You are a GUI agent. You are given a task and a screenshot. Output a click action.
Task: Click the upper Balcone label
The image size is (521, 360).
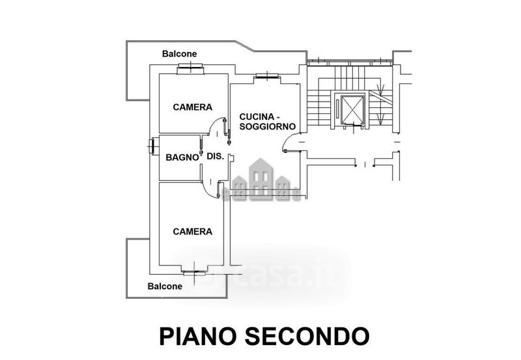179,54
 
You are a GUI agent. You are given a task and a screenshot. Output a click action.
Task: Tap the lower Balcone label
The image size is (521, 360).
165,286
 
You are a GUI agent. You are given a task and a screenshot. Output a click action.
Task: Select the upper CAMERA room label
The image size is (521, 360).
192,107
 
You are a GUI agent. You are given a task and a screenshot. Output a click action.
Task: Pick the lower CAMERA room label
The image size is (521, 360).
192,231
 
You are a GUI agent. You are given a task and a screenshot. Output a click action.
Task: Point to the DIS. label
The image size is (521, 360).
215,156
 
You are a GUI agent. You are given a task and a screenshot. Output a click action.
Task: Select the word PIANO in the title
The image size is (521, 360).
198,336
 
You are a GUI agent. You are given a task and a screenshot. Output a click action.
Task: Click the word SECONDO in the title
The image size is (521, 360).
307,336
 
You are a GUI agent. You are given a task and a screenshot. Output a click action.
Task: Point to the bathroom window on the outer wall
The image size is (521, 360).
152,146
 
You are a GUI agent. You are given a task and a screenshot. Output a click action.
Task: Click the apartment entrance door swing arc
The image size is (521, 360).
292,139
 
